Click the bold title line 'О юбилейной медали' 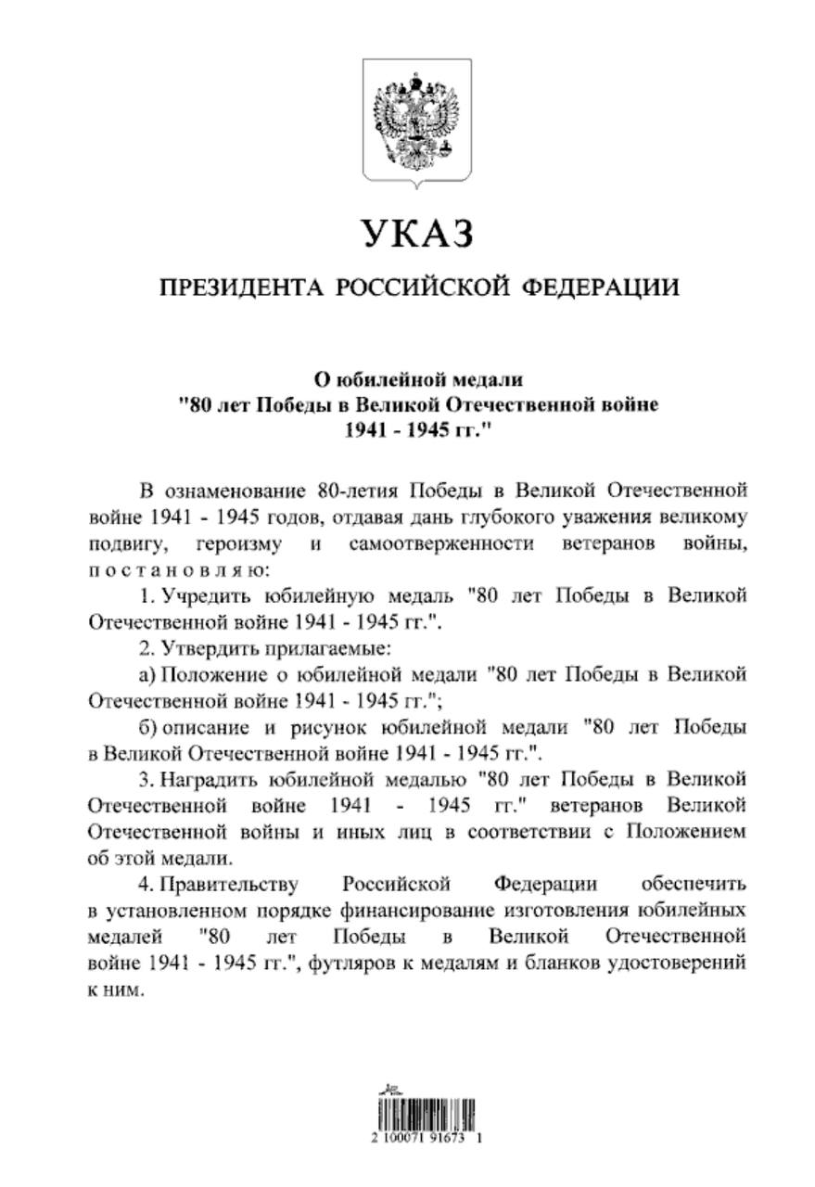[417, 379]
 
